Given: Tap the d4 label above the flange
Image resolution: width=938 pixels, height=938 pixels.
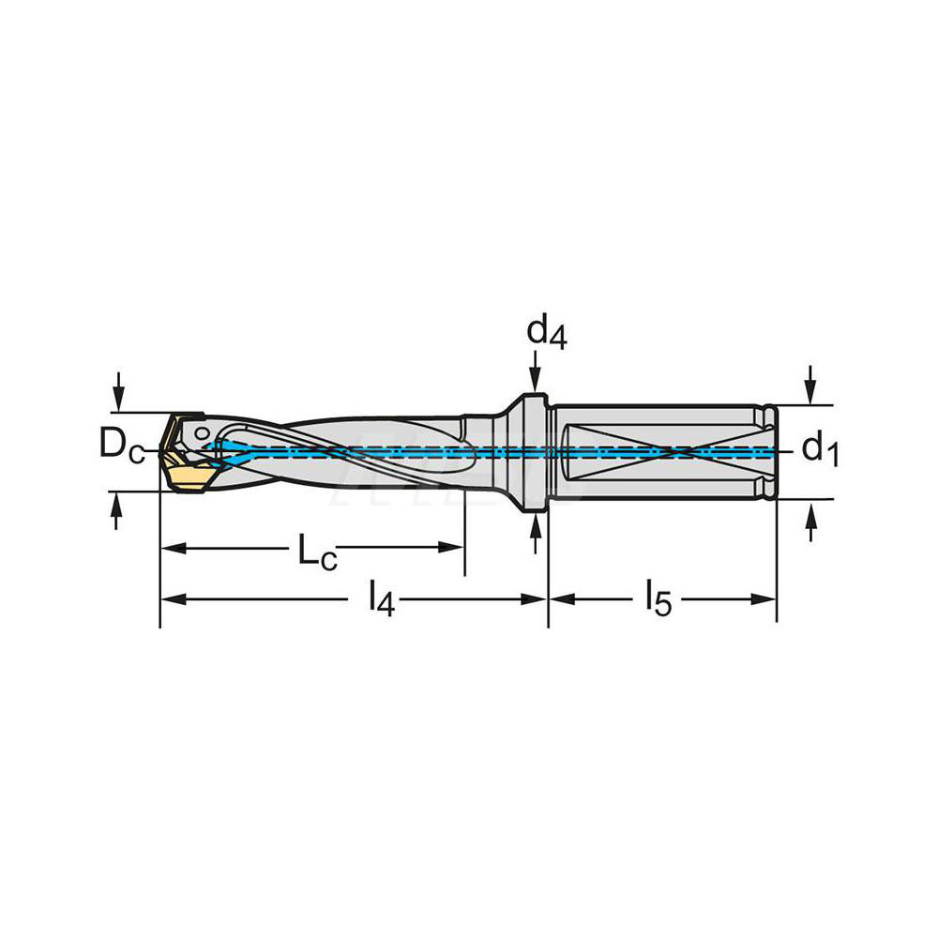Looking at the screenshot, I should pos(545,333).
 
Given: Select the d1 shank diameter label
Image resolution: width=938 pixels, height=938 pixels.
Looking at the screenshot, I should pos(820,451).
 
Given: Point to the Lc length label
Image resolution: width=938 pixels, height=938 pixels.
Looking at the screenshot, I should pos(317,552).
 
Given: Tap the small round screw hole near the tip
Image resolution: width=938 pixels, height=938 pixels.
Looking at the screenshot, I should pos(203,433).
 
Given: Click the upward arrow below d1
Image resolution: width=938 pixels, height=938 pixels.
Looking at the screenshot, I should pos(811,520).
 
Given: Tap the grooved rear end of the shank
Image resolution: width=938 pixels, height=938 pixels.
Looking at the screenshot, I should pos(769,451).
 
